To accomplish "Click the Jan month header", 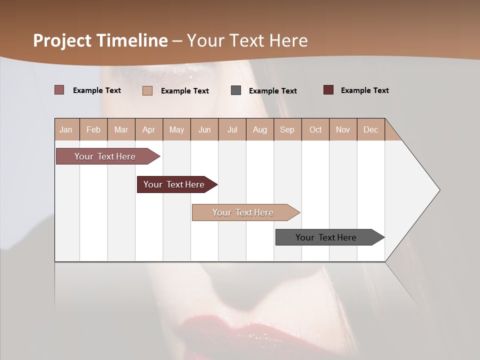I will [66, 129].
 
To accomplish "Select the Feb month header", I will [93, 129].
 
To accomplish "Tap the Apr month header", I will [148, 129].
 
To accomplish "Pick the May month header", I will [176, 129].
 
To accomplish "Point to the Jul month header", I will [232, 129].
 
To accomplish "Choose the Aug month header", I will [260, 129].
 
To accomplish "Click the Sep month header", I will [287, 129].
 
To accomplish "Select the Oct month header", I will [315, 129].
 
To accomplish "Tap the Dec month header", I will [370, 129].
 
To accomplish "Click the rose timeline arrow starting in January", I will [105, 156].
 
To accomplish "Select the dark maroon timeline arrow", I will [174, 184].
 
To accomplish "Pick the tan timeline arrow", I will [243, 212].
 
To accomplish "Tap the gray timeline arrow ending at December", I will [326, 237].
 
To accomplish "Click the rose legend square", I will [59, 90].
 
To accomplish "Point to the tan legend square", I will [147, 90].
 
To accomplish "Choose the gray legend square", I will [236, 90].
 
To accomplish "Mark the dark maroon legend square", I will [328, 90].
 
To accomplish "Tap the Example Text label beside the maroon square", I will [364, 90].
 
